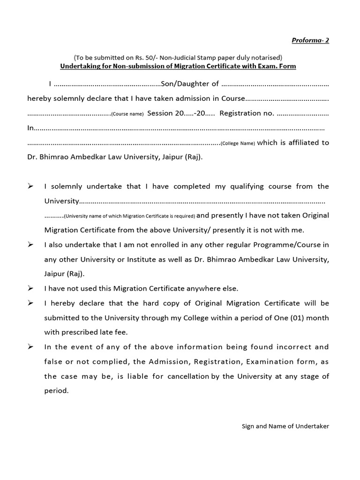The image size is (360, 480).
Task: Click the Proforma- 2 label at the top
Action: tap(310, 40)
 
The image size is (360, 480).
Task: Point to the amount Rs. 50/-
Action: tap(143, 58)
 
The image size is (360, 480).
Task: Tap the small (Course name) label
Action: tap(127, 114)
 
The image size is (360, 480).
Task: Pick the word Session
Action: tap(160, 113)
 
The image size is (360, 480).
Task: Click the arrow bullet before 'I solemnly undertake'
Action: tap(30, 186)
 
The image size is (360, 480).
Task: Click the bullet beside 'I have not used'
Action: tap(30, 288)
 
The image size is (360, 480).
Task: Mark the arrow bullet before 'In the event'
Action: tap(30, 347)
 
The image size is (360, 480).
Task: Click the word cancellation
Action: tap(189, 376)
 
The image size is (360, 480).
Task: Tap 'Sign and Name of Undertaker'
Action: tap(285, 426)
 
